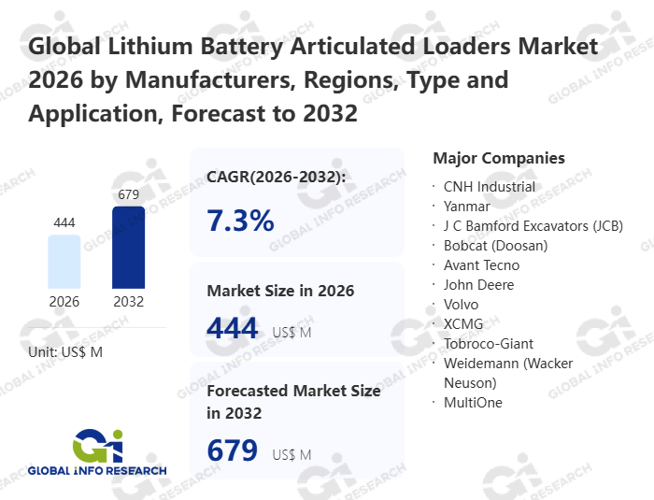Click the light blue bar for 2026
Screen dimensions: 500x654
64,262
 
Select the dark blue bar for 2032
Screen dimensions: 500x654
128,247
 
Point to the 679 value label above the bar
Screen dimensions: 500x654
128,195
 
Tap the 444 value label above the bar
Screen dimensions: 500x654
64,222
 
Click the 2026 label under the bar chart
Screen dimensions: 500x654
64,302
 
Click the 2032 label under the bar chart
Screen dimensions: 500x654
128,302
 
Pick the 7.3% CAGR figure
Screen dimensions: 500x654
240,221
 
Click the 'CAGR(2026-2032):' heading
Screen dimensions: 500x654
276,177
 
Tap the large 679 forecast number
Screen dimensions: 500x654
233,450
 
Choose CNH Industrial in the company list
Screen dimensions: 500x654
490,186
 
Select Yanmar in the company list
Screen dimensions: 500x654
467,206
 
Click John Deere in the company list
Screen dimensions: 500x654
478,284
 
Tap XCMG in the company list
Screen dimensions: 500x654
464,323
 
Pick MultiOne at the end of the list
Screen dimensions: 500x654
473,402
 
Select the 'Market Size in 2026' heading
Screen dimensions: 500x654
280,291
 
